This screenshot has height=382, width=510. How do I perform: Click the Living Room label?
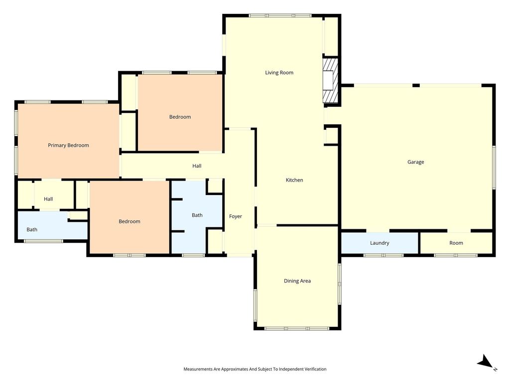pyautogui.click(x=279, y=73)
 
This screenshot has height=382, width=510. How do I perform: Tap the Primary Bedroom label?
pyautogui.click(x=68, y=145)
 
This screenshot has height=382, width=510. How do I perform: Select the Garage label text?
pyautogui.click(x=416, y=162)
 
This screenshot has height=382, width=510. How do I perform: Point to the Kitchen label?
pyautogui.click(x=294, y=180)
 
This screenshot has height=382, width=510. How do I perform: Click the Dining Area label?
pyautogui.click(x=297, y=281)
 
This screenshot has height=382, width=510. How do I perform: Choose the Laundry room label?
pyautogui.click(x=380, y=243)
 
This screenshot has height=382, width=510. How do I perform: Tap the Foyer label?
pyautogui.click(x=236, y=216)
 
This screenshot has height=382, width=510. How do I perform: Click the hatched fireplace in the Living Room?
pyautogui.click(x=331, y=81)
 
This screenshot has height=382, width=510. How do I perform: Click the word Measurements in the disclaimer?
pyautogui.click(x=198, y=369)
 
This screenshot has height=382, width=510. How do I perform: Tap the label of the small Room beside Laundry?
pyautogui.click(x=456, y=243)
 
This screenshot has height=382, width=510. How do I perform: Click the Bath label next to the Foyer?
pyautogui.click(x=197, y=215)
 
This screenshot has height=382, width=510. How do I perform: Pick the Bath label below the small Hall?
pyautogui.click(x=32, y=229)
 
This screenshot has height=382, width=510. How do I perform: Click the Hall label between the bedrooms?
pyautogui.click(x=197, y=166)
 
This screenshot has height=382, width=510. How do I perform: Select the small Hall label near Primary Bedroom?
pyautogui.click(x=48, y=199)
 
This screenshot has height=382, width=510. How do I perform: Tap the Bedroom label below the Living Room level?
pyautogui.click(x=180, y=117)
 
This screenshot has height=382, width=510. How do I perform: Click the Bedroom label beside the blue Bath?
pyautogui.click(x=129, y=221)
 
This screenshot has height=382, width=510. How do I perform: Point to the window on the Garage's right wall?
pyautogui.click(x=494, y=167)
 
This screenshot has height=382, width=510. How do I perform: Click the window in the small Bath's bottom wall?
pyautogui.click(x=44, y=241)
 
